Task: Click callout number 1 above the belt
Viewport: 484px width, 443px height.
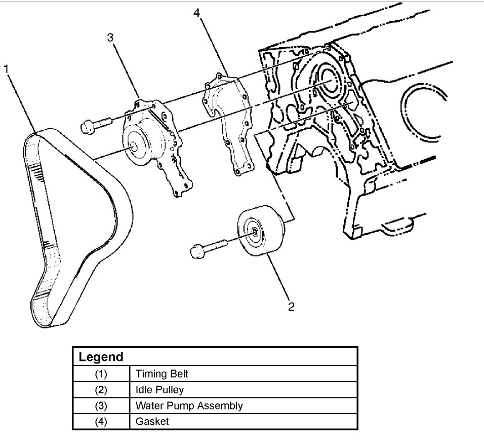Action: coord(7,69)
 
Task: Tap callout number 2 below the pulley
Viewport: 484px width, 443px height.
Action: coord(291,307)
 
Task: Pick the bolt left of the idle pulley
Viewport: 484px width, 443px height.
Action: coord(206,248)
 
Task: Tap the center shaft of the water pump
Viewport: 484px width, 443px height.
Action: coord(135,146)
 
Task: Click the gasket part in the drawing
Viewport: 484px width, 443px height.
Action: coord(228,122)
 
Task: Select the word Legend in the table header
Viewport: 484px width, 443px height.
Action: coord(101,357)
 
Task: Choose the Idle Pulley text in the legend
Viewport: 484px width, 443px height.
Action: coord(159,390)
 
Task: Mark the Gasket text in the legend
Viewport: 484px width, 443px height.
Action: coord(152,422)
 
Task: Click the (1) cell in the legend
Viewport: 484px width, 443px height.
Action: coord(101,374)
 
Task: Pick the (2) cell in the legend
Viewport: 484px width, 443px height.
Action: coord(101,390)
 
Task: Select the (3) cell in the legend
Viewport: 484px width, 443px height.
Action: coord(101,406)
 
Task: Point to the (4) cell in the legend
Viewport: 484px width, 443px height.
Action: coord(101,422)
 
